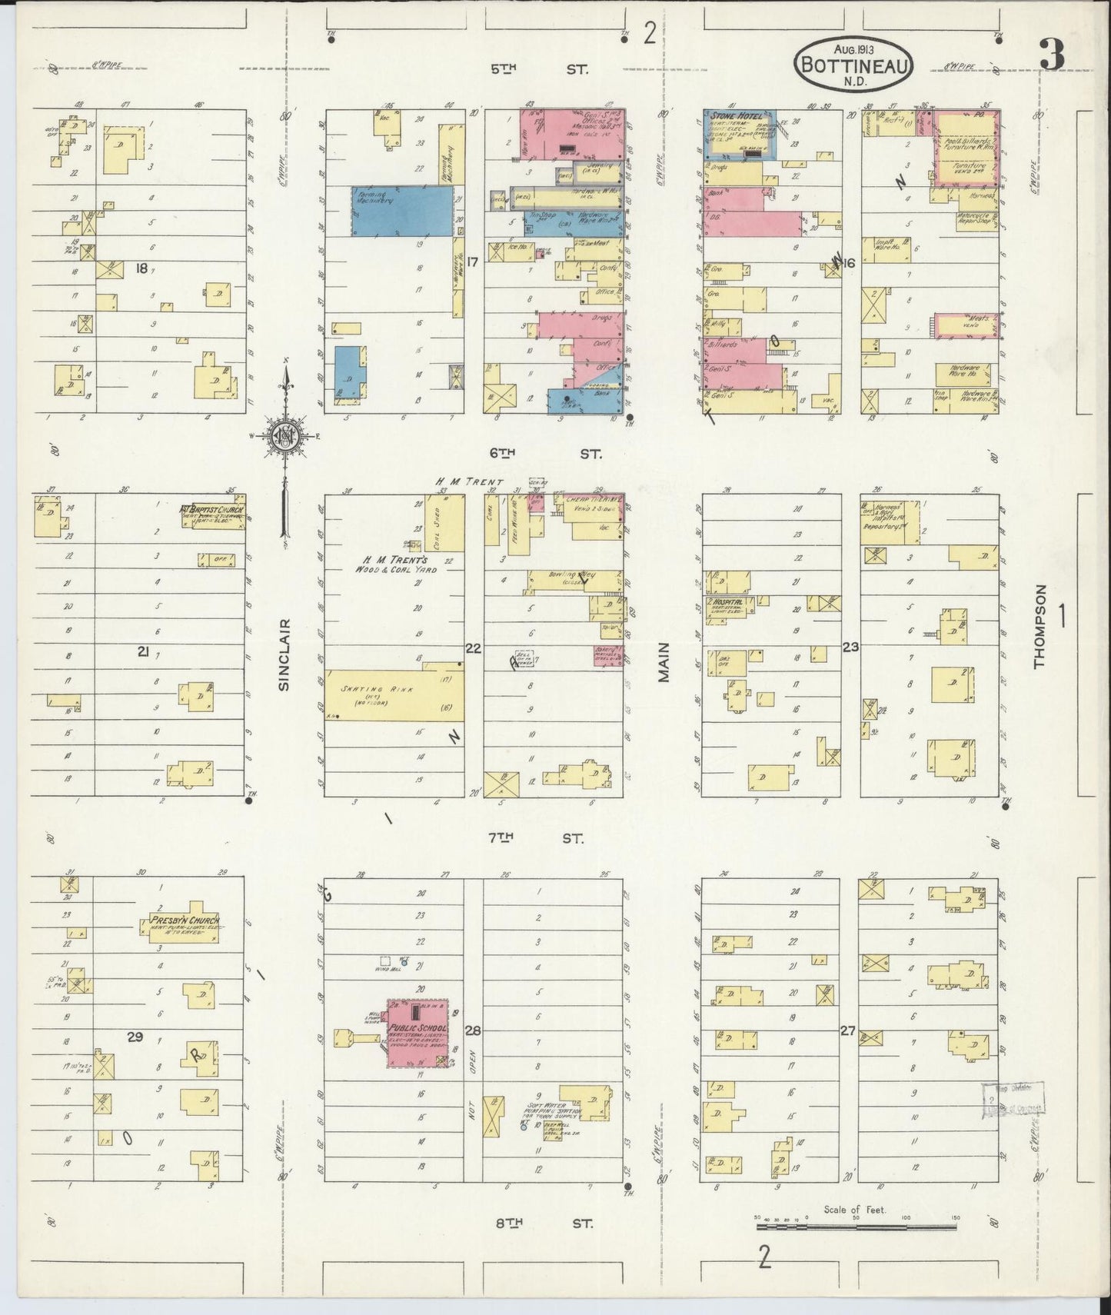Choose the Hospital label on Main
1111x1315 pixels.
click(x=727, y=601)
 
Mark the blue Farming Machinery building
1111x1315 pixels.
click(x=402, y=211)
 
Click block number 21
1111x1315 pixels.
click(x=143, y=651)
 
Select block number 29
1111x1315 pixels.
click(x=135, y=1037)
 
